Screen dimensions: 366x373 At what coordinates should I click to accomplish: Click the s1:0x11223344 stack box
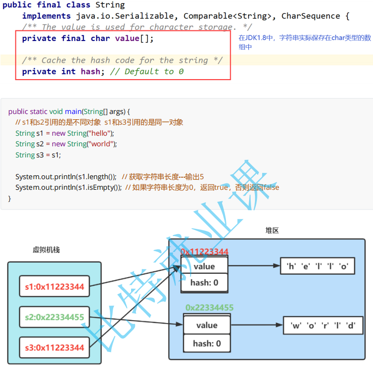click(55, 287)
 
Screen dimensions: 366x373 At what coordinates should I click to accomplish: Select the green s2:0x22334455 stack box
click(55, 317)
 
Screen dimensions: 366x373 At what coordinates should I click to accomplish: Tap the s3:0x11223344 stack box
click(55, 348)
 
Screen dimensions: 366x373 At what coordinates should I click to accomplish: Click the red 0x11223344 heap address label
click(204, 252)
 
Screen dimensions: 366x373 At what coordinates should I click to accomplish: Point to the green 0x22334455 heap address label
click(209, 308)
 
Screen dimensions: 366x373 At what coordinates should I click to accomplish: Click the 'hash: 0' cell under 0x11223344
click(204, 282)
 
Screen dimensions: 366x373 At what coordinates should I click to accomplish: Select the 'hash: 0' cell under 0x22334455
click(207, 343)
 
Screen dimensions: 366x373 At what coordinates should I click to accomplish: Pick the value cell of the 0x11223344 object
click(204, 267)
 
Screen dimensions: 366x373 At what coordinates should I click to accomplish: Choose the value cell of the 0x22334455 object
click(207, 325)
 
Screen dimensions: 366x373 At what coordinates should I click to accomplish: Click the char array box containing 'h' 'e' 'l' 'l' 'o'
click(317, 266)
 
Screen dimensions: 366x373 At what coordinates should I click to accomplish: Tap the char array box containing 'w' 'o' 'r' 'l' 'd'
click(323, 325)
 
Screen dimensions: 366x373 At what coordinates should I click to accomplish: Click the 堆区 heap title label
click(272, 231)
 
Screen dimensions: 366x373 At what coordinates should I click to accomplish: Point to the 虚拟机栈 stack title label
click(46, 250)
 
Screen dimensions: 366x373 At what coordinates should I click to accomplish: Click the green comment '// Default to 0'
click(147, 71)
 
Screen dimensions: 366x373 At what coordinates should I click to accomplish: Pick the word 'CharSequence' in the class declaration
click(311, 16)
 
